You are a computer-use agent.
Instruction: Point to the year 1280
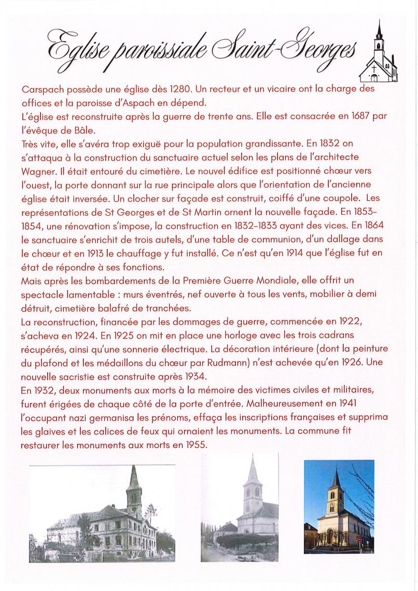[152, 89]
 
